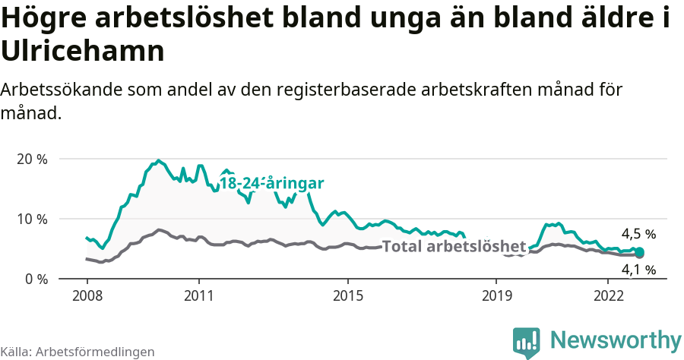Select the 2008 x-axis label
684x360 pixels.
(x=87, y=294)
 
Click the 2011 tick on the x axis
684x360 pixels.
(x=198, y=294)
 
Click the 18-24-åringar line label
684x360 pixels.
(x=272, y=183)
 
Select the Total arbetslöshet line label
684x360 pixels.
(x=454, y=247)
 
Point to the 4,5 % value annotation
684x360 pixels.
(x=638, y=235)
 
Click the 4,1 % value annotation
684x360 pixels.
(x=638, y=270)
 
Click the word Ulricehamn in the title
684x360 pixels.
(x=83, y=52)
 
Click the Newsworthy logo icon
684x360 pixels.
(x=527, y=343)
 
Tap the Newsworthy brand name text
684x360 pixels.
(x=616, y=339)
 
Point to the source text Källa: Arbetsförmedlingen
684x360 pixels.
(x=78, y=352)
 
